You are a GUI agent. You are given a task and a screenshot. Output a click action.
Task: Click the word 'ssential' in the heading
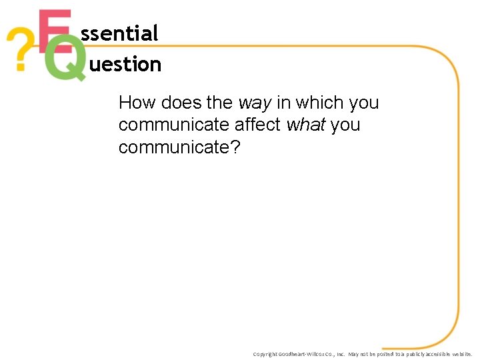(x=119, y=33)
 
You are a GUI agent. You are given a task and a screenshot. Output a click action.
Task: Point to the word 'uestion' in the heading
(x=125, y=65)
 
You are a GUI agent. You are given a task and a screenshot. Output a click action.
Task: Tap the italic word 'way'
(x=255, y=103)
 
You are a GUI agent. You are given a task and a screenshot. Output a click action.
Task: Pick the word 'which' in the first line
(x=317, y=103)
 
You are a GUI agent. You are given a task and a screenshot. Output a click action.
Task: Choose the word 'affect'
(x=257, y=125)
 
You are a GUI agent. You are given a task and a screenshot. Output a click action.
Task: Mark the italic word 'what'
(x=306, y=125)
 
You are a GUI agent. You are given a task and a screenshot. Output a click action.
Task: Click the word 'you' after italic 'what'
(x=345, y=125)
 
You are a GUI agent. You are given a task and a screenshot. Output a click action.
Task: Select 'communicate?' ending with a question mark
(x=179, y=147)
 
